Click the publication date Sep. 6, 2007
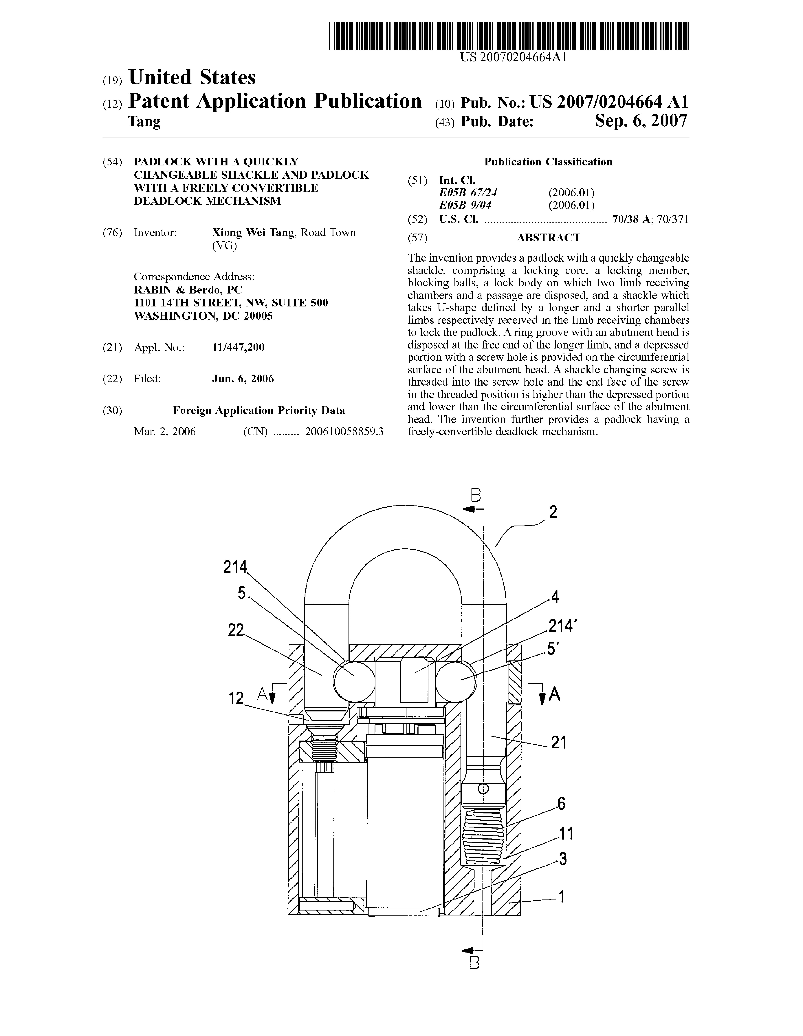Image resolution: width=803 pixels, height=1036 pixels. point(641,121)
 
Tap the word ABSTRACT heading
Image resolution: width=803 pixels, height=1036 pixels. point(548,238)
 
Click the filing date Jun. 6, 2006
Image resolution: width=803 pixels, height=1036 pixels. point(243,378)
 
